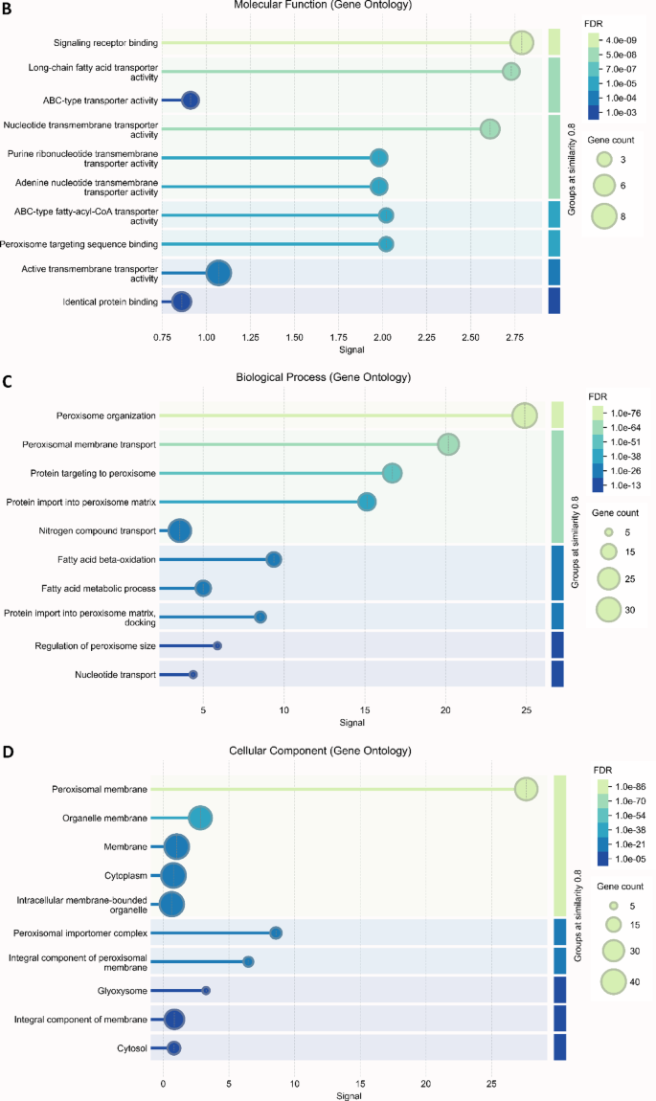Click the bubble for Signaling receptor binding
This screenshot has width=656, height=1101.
pos(521,43)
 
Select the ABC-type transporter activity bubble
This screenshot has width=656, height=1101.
pos(191,101)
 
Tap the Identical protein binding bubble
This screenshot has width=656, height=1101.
pos(181,303)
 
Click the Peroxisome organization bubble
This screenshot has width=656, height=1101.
pos(525,416)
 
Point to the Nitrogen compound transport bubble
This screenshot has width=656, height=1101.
pos(180,530)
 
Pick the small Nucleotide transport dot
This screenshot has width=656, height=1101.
pos(193,675)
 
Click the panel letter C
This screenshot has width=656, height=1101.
pos(8,380)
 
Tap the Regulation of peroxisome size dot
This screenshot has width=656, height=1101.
pos(217,646)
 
